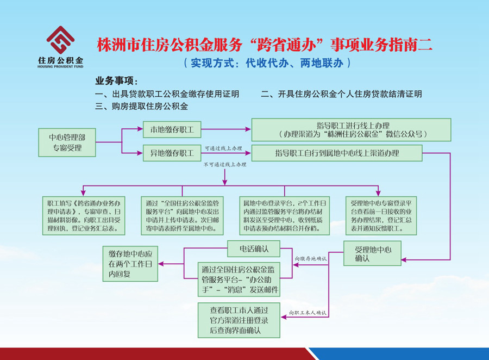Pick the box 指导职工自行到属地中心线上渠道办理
(337, 153)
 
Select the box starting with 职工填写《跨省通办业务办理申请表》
(83, 215)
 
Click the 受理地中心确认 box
(371, 254)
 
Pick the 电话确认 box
(253, 249)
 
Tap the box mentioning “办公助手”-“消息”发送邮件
(240, 280)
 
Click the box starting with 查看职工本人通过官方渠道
(240, 320)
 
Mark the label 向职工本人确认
(308, 313)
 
